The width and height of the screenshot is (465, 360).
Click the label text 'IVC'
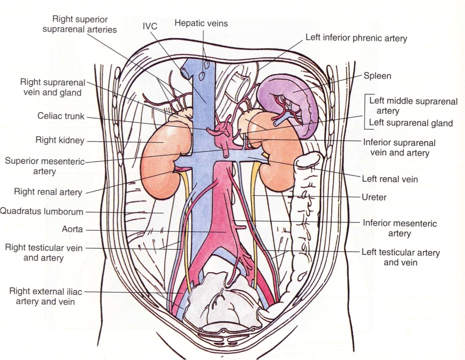150,26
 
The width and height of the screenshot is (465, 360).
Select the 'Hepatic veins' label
201,23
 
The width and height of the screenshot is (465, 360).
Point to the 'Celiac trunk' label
61,116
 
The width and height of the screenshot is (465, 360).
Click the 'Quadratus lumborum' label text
41,212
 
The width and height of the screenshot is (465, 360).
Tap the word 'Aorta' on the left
72,229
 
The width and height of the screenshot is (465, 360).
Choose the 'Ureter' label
374,197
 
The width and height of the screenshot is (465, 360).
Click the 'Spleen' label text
377,76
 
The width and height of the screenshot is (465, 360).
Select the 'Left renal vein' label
390,179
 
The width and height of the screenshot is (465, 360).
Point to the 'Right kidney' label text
60,140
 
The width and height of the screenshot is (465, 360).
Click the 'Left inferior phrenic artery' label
356,38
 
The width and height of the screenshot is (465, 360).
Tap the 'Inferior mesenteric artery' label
399,228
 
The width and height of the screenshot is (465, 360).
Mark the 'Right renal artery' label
48,192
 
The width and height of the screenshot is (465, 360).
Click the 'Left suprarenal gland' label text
411,123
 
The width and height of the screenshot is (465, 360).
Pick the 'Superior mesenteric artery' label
44,166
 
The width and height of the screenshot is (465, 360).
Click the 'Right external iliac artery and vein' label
45,296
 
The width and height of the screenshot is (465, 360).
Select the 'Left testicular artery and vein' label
400,257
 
